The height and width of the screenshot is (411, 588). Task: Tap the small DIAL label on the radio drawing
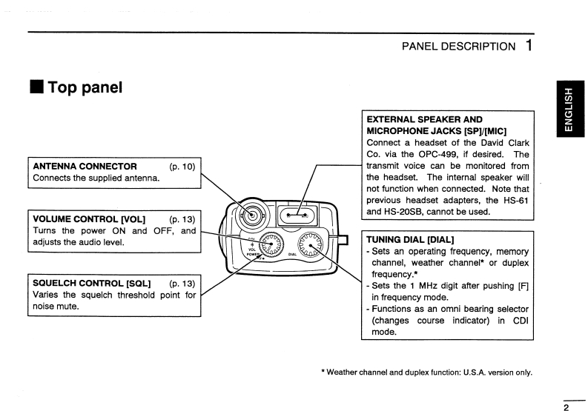tap(292, 253)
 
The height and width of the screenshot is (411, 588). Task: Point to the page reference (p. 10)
tap(182, 166)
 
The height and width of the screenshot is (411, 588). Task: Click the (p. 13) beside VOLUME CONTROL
tap(182, 219)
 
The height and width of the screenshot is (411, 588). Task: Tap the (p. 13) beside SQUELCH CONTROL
tap(182, 284)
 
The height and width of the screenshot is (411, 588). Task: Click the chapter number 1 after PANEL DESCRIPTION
tap(527, 46)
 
